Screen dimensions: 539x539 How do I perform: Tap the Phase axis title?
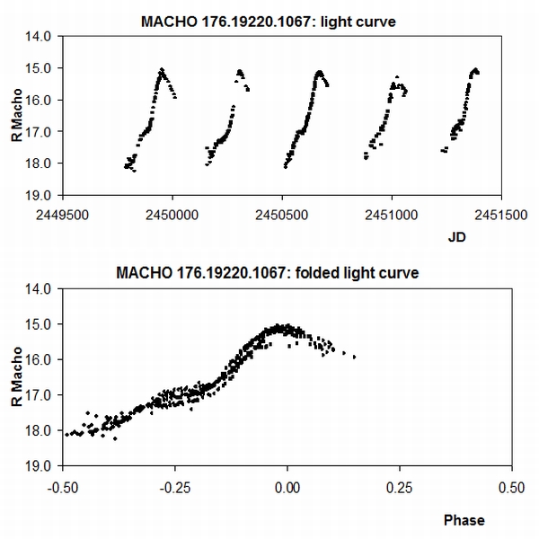(x=464, y=519)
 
